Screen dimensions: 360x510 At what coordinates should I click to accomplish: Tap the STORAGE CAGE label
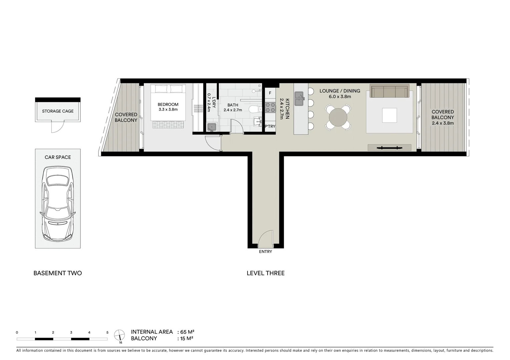pyautogui.click(x=58, y=111)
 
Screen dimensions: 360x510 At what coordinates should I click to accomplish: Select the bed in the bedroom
pyautogui.click(x=168, y=102)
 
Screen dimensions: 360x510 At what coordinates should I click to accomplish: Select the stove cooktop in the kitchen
pyautogui.click(x=270, y=107)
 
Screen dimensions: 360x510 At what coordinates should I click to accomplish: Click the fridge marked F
pyautogui.click(x=270, y=93)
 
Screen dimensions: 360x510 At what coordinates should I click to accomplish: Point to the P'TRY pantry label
pyautogui.click(x=270, y=126)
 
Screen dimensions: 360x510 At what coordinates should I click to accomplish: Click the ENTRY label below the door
pyautogui.click(x=266, y=252)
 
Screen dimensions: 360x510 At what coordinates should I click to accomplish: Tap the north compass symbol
pyautogui.click(x=119, y=335)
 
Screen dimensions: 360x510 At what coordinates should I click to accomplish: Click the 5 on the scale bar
pyautogui.click(x=107, y=332)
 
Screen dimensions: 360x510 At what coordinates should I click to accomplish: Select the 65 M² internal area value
pyautogui.click(x=187, y=332)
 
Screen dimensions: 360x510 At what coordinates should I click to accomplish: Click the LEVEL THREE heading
pyautogui.click(x=266, y=273)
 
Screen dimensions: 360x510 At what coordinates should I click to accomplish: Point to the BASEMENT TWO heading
pyautogui.click(x=58, y=273)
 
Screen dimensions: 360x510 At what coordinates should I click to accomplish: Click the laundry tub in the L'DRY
pyautogui.click(x=211, y=127)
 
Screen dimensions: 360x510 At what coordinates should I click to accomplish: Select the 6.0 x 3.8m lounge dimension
pyautogui.click(x=340, y=97)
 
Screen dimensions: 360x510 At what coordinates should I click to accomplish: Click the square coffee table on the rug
pyautogui.click(x=389, y=115)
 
